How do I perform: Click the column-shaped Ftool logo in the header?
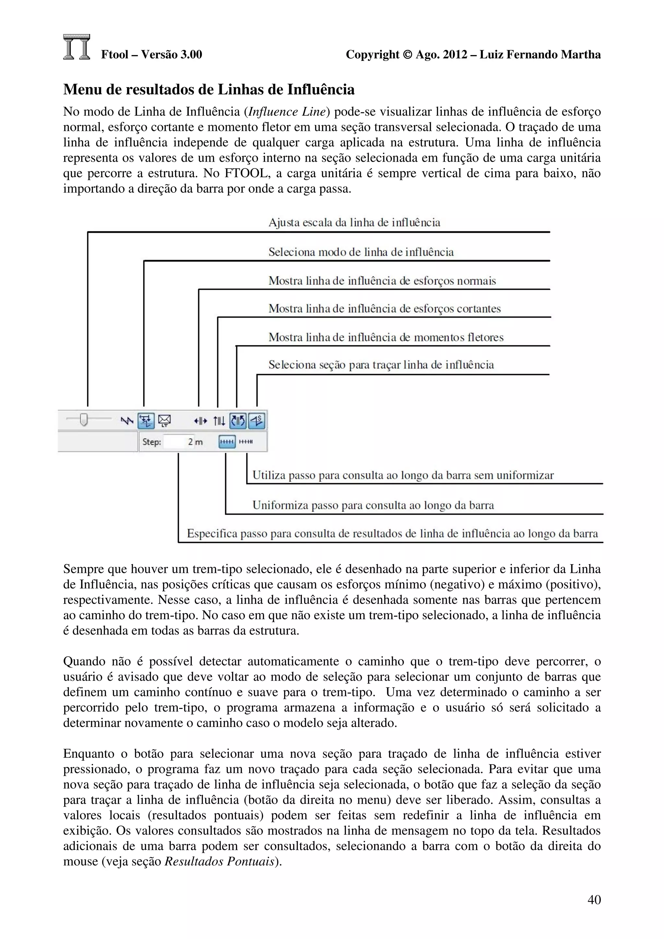tap(77, 47)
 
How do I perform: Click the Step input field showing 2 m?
tap(180, 442)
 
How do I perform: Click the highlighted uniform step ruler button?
tap(227, 442)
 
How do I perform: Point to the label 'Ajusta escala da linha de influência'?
tap(354, 223)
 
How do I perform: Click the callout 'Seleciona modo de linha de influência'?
tap(361, 252)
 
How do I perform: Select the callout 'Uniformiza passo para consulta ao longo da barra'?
tap(373, 505)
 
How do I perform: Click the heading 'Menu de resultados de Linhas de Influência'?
tap(209, 89)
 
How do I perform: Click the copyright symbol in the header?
tap(408, 55)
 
